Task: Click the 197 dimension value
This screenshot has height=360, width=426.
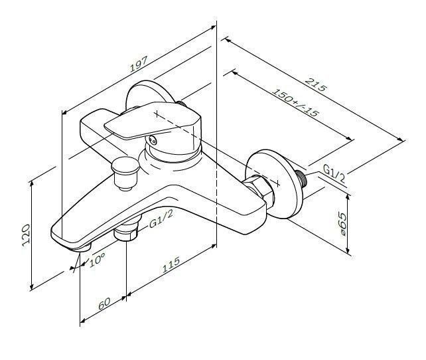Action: click(x=139, y=64)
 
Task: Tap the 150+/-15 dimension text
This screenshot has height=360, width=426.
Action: click(x=295, y=103)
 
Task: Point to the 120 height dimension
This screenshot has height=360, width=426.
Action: click(x=26, y=235)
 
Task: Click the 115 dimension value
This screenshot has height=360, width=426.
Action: click(x=171, y=264)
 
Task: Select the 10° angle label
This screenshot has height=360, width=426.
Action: click(x=97, y=259)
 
